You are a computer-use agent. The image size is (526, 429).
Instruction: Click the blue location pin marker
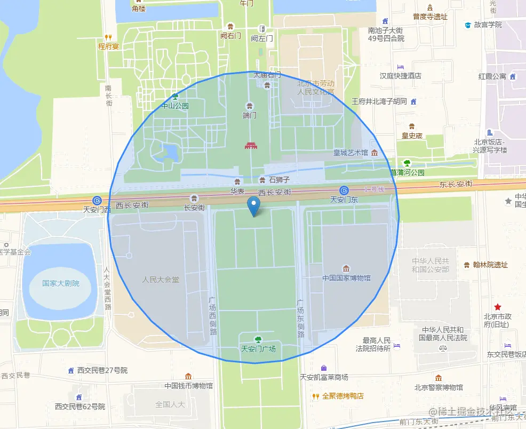tap(254, 206)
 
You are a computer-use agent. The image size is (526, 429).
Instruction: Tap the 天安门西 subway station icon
tap(97, 200)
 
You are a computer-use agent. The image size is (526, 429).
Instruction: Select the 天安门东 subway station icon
tap(344, 190)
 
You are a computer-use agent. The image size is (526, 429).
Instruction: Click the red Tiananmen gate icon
tap(251, 145)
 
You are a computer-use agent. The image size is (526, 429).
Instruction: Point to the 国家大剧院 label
tap(61, 283)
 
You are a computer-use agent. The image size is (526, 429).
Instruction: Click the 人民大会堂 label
tap(161, 279)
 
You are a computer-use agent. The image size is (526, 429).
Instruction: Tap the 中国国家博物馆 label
tap(346, 278)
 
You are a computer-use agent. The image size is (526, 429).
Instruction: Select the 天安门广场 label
tap(258, 349)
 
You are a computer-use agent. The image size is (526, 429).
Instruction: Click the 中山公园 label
tap(175, 106)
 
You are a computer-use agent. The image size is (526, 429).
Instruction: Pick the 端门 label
tap(249, 115)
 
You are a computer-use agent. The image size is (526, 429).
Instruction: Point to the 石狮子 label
tap(279, 180)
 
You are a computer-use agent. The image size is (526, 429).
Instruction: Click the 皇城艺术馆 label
tap(351, 153)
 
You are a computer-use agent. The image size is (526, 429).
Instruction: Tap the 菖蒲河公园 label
tap(407, 172)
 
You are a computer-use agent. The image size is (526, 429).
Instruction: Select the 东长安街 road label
tap(456, 184)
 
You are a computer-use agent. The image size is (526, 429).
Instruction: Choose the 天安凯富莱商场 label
tap(324, 377)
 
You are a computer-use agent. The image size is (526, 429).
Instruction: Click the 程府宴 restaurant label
tap(108, 46)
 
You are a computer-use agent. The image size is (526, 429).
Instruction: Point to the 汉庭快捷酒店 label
tap(401, 76)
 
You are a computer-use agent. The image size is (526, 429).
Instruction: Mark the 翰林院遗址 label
tap(490, 265)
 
